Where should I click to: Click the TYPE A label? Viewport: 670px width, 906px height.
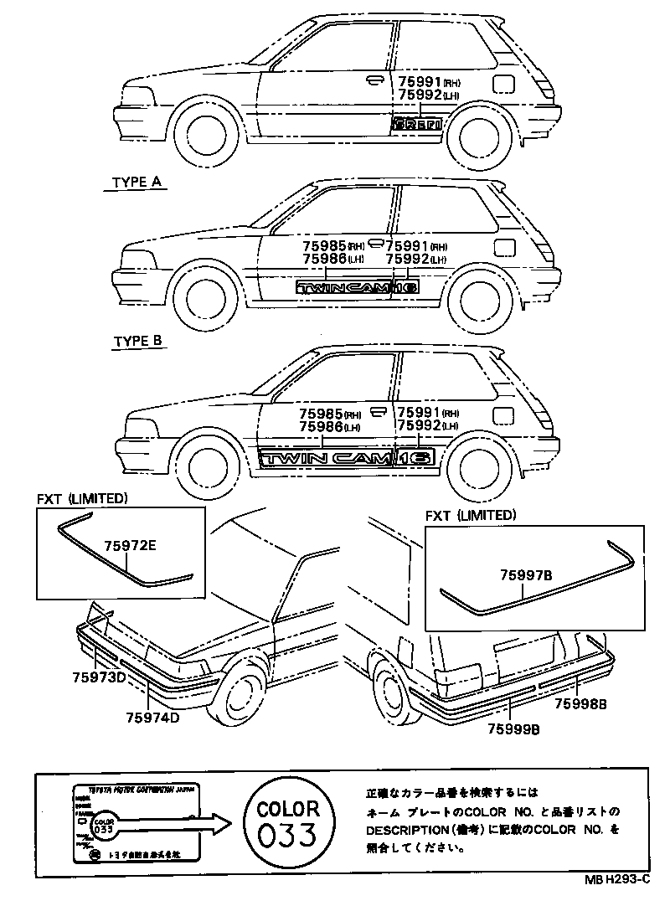pos(139,182)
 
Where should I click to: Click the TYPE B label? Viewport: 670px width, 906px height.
pos(139,342)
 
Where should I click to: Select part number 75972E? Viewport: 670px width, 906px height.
pos(130,546)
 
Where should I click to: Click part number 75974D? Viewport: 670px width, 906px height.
pos(153,718)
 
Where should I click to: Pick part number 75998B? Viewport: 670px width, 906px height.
pos(579,704)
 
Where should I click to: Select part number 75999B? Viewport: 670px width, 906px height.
pos(513,728)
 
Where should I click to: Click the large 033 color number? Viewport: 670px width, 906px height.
pos(287,835)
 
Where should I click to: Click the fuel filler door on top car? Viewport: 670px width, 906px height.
pos(504,84)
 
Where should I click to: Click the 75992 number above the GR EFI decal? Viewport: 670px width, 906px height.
pos(419,95)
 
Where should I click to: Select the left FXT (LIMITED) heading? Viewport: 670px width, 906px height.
pos(82,498)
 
